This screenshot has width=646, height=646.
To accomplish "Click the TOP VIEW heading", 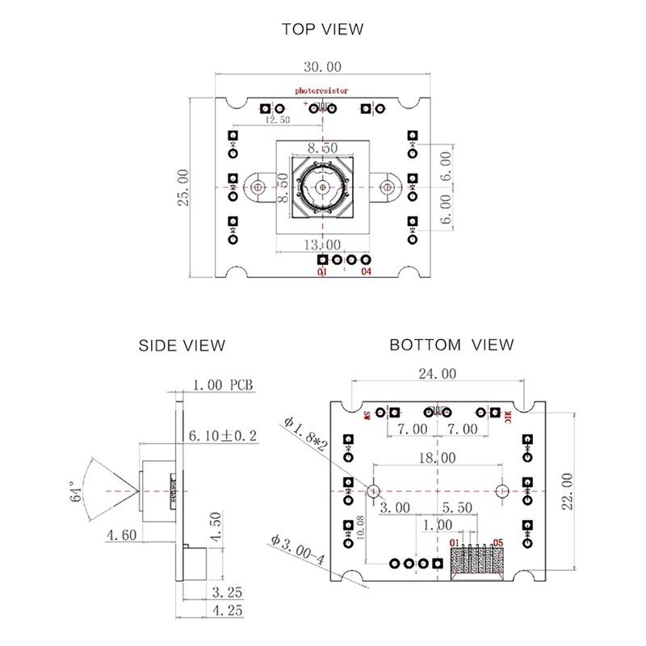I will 322,30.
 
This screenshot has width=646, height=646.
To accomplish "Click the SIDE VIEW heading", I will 182,346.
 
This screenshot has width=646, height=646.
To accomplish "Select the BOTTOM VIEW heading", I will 451,346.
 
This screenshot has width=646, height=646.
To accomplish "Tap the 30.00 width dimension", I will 322,66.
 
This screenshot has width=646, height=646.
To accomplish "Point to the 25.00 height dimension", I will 185,187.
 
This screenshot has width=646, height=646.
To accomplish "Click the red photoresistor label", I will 321,91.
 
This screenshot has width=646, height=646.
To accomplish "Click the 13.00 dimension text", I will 322,244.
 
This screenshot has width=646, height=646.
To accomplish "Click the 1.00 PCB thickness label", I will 223,385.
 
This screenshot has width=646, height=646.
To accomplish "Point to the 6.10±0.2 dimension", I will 222,436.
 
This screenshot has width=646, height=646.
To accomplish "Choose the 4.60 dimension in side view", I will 120,535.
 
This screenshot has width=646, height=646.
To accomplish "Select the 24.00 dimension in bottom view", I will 437,374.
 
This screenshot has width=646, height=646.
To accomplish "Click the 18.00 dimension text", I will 437,457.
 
